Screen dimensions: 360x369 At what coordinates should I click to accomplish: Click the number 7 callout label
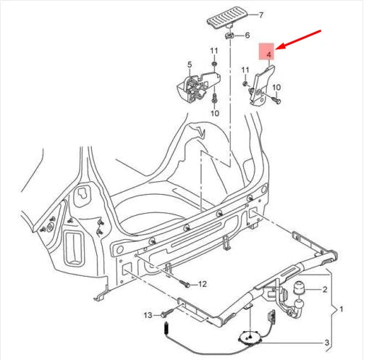click(242, 14)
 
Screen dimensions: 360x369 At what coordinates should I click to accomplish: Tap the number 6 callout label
click(247, 35)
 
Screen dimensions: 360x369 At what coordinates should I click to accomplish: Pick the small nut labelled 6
click(229, 34)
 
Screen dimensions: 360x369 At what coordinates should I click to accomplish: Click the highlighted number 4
click(268, 54)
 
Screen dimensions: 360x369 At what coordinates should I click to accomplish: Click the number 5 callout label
click(190, 64)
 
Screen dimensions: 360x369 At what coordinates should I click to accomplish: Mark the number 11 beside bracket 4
click(245, 70)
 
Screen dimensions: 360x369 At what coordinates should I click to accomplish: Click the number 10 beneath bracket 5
click(214, 114)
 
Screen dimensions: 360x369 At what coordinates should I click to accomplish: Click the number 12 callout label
click(203, 283)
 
